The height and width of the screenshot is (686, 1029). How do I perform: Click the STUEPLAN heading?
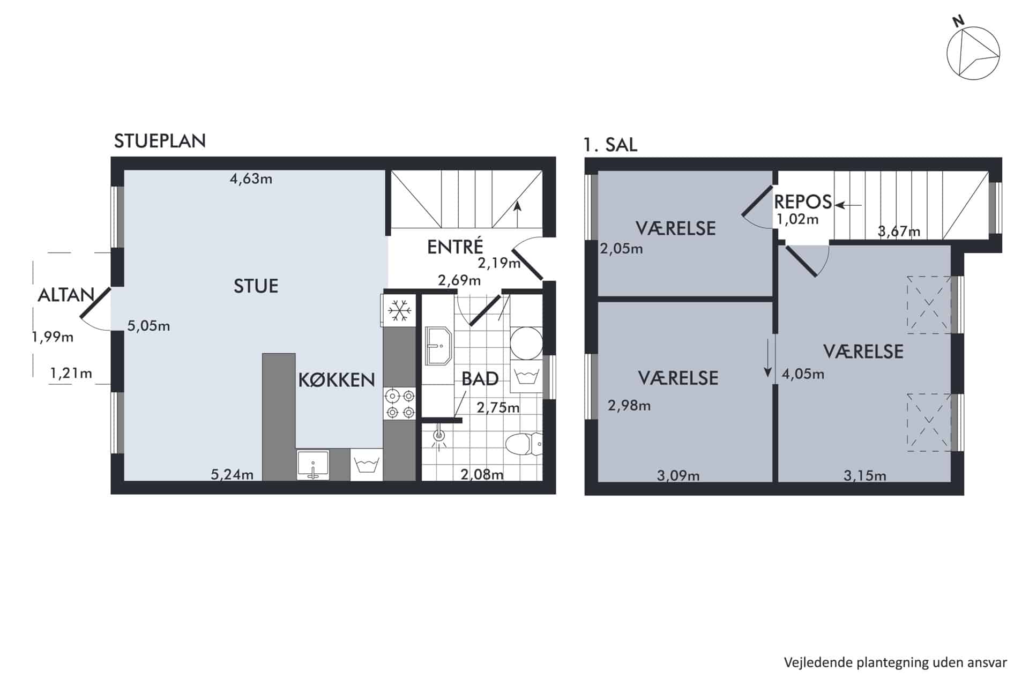click(x=160, y=141)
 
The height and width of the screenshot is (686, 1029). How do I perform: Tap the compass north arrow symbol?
click(x=973, y=54)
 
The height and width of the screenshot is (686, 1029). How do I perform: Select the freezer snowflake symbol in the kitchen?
click(x=399, y=311)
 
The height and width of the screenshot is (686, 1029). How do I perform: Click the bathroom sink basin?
click(x=439, y=346)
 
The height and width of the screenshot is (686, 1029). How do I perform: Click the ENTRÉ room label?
click(x=455, y=247)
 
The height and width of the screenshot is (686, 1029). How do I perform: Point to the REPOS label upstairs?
click(x=803, y=202)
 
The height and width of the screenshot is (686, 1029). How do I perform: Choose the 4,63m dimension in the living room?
click(x=251, y=179)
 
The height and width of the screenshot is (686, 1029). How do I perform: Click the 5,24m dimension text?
click(x=232, y=474)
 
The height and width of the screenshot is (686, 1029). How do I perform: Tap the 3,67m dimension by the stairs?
click(x=899, y=232)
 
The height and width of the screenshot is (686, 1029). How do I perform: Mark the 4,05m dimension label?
click(x=803, y=374)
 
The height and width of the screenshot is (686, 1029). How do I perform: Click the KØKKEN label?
click(x=337, y=380)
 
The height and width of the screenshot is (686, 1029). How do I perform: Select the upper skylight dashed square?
click(x=929, y=304)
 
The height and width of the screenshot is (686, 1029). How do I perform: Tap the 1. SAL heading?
click(x=610, y=145)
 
